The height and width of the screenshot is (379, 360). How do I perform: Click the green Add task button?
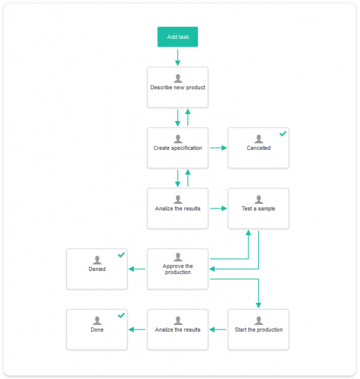178,37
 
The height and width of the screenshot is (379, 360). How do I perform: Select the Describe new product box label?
178,88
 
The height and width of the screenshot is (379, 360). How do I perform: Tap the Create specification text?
178,148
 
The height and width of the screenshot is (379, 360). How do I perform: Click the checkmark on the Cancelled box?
283,134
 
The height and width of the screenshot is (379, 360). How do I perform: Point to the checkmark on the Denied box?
121,255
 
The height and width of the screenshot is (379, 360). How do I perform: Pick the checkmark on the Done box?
121,315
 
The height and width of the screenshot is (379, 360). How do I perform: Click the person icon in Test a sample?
259,200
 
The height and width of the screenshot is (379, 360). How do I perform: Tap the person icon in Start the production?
259,321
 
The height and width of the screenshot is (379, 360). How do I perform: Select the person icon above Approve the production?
178,257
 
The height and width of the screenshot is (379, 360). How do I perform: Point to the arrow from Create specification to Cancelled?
218,148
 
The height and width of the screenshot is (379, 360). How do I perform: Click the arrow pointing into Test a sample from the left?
218,208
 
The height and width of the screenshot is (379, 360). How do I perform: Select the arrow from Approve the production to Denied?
137,269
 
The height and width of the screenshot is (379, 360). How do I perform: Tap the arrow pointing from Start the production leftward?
218,329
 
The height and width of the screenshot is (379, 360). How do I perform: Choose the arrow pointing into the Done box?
137,329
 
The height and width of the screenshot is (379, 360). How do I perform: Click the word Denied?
97,269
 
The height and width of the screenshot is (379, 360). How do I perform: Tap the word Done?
97,330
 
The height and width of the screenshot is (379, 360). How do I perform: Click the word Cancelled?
259,148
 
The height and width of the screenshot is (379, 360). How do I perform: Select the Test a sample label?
259,209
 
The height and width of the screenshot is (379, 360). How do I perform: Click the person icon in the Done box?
97,321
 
